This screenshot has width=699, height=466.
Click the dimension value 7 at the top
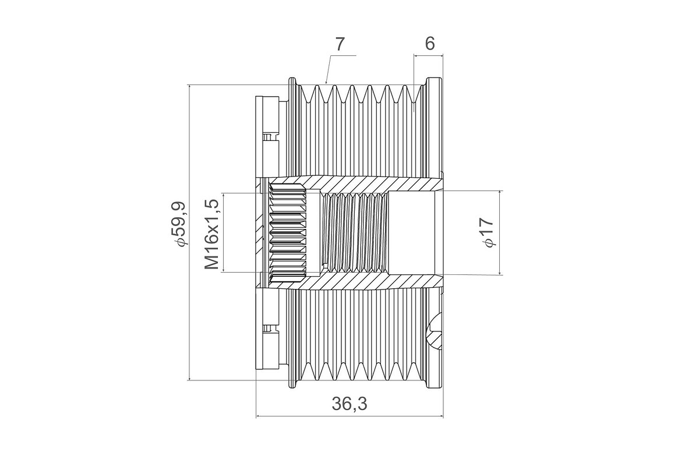tap(340, 44)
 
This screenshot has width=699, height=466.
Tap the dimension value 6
tap(430, 44)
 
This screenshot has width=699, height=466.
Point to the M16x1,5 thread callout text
tap(212, 234)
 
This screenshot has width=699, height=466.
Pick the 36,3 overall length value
tap(349, 403)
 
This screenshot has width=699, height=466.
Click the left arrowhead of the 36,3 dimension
tap(259, 416)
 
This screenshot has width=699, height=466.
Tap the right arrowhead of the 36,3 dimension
tap(441, 416)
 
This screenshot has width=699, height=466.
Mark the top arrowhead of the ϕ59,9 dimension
tap(189, 87)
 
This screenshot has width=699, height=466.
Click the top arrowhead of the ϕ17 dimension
tap(500, 193)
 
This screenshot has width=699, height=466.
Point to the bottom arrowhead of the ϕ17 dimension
tap(500, 272)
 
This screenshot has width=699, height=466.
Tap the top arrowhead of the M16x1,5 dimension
tap(223, 194)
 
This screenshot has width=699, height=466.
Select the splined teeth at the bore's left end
tap(287, 233)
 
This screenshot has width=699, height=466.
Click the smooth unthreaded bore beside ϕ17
tap(411, 233)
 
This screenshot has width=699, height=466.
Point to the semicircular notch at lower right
tap(437, 332)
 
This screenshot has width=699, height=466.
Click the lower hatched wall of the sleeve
tap(373, 282)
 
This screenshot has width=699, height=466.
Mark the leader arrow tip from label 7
tap(326, 83)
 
